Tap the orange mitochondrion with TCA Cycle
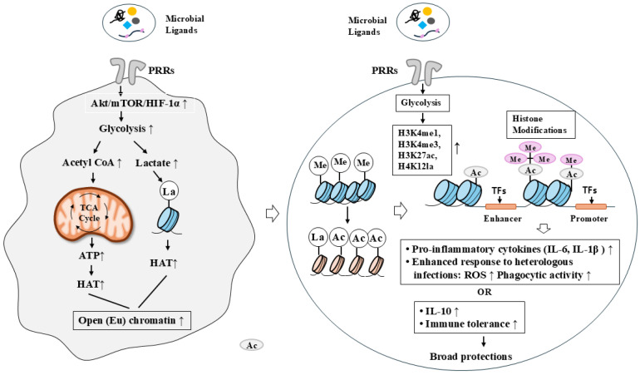pos(93,213)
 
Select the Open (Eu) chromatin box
pos(131,320)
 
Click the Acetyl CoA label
pos(91,163)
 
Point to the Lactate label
pos(157,163)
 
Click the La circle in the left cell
pos(170,191)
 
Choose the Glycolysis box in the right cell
pos(423,103)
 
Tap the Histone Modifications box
pos(540,125)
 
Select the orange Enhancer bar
pos(501,206)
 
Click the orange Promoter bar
pos(591,206)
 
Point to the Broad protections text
pos(470,357)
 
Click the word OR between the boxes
pos(485,292)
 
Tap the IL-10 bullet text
pos(438,311)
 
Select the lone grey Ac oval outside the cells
pos(251,345)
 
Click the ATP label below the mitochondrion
pos(91,256)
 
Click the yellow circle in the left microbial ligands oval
pos(131,11)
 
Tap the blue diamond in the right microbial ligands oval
pos(422,25)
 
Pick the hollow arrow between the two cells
pos(273,214)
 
